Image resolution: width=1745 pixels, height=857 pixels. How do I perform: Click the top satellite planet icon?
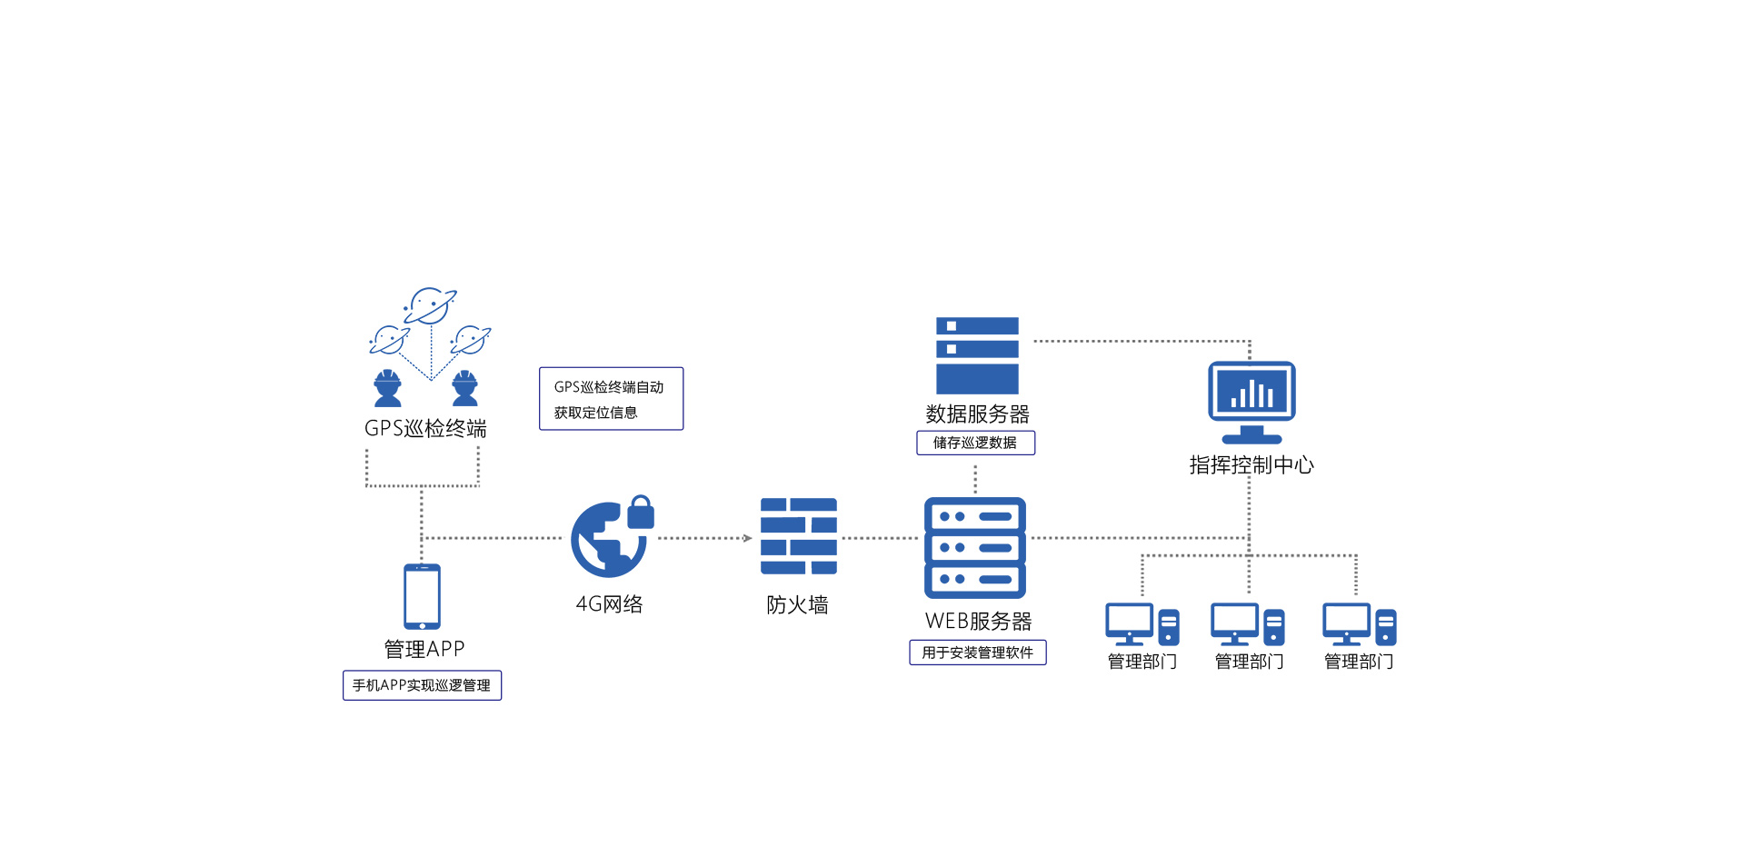430,306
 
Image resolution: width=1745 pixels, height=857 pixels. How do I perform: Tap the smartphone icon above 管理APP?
422,596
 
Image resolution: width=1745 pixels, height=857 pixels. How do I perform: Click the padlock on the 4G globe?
641,513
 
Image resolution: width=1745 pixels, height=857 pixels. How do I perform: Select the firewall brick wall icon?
798,536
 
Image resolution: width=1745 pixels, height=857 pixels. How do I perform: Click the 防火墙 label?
797,605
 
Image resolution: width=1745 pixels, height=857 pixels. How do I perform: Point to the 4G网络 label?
609,604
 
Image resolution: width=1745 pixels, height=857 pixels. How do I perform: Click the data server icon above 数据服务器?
977,355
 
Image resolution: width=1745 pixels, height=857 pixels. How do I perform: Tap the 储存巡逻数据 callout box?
975,443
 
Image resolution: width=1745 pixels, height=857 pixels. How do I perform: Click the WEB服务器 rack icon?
975,547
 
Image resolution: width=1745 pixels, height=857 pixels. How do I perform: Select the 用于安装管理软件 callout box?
977,653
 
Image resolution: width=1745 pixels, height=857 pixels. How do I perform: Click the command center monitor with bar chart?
1251,401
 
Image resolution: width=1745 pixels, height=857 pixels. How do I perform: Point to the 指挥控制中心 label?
1251,465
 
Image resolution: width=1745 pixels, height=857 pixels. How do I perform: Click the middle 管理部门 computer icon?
1248,624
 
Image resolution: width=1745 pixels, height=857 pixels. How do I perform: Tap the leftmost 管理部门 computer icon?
1142,624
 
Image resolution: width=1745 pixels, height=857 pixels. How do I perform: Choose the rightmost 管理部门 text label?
1359,662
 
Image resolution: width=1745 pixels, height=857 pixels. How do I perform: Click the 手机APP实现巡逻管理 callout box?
422,685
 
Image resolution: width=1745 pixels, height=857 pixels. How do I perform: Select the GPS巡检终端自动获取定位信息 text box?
611,399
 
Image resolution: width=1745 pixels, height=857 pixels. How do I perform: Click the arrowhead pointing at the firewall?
747,538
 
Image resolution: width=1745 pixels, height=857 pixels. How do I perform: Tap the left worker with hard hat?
388,388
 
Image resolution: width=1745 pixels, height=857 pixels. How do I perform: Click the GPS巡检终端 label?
425,428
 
